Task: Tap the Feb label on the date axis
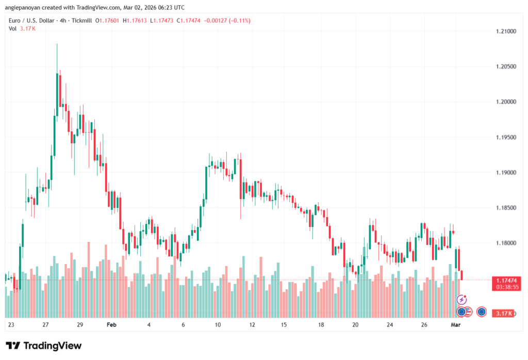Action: [x=111, y=325]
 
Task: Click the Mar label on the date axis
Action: [x=456, y=325]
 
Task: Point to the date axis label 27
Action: [x=45, y=325]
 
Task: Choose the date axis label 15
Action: [x=284, y=325]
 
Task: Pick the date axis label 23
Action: [x=11, y=325]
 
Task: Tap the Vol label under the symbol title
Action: [x=13, y=28]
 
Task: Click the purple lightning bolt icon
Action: [x=462, y=300]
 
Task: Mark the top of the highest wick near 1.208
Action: [x=57, y=44]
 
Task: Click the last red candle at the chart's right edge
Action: [x=462, y=275]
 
